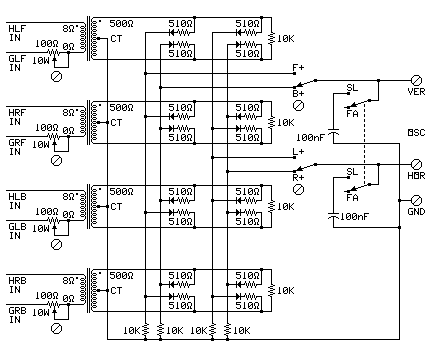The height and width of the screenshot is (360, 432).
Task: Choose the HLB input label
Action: point(17,192)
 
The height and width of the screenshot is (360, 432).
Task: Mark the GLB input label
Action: point(17,224)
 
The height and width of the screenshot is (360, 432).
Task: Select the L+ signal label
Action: point(297,152)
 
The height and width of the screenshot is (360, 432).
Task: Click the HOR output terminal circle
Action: point(416,163)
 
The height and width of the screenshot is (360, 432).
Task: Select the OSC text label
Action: point(417,132)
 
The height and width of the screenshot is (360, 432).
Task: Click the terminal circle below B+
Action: point(297,104)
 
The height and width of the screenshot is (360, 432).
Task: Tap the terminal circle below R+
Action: point(297,187)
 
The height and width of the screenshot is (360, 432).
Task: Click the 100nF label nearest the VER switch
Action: point(309,136)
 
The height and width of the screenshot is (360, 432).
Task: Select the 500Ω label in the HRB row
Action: point(121,272)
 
